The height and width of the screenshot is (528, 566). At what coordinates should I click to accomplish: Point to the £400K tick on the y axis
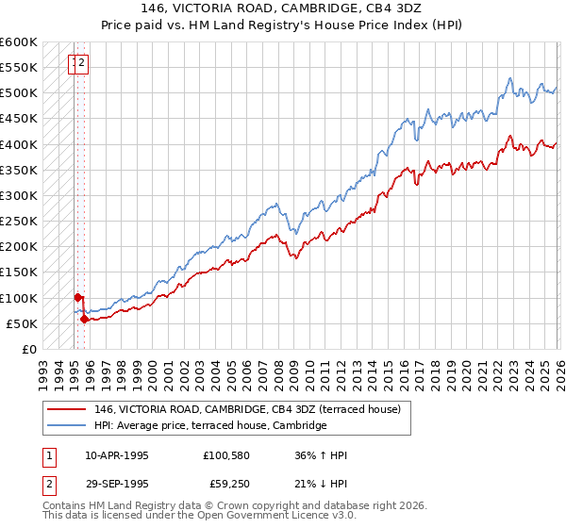[x=18, y=144]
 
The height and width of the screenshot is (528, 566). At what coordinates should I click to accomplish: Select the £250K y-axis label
[x=18, y=222]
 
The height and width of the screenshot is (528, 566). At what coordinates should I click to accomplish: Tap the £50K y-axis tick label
[x=21, y=323]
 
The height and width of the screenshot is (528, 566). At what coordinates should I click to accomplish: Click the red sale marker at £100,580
[x=77, y=297]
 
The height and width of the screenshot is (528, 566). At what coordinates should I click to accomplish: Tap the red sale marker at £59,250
[x=85, y=319]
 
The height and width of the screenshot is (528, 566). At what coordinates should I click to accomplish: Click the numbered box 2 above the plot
[x=82, y=64]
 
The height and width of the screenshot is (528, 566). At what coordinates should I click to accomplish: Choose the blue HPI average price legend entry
[x=209, y=426]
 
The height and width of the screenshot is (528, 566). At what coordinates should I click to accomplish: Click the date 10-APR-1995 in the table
[x=117, y=455]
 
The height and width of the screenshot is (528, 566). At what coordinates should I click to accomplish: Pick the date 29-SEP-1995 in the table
[x=117, y=486]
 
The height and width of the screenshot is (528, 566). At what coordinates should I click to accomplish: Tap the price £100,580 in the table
[x=225, y=455]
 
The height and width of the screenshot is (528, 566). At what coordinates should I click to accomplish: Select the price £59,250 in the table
[x=227, y=486]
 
